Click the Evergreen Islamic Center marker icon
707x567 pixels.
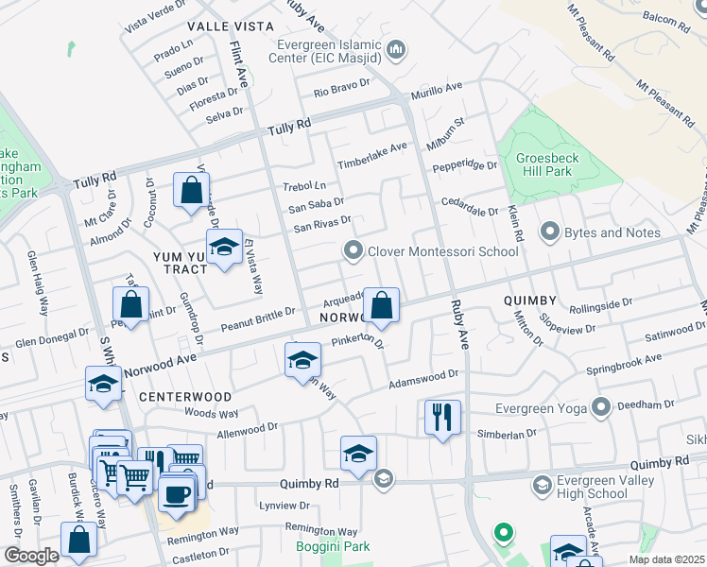click(396, 49)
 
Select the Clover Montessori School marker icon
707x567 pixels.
click(353, 250)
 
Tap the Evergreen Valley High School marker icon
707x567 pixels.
click(542, 486)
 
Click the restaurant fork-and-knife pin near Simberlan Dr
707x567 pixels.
click(442, 416)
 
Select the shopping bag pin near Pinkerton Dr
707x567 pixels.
click(381, 305)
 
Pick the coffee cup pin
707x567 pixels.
click(176, 492)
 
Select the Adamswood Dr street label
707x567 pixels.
click(423, 379)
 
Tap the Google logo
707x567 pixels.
click(31, 556)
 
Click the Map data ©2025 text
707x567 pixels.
click(667, 559)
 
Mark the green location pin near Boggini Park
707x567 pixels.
click(504, 534)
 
